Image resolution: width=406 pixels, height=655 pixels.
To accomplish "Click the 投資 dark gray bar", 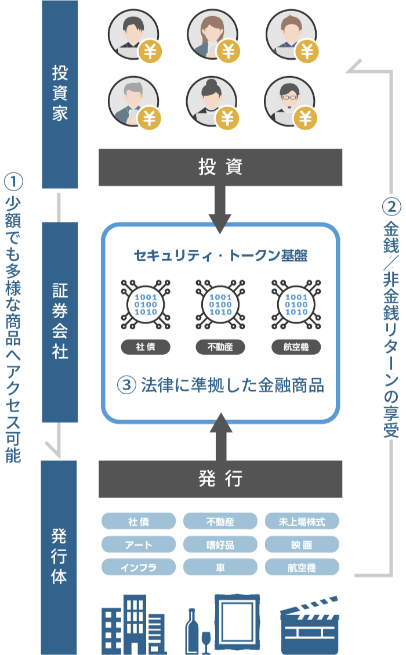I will point(220,167).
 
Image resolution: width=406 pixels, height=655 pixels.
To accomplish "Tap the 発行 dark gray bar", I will point(220,479).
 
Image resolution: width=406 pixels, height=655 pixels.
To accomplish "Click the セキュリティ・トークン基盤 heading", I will point(220,255).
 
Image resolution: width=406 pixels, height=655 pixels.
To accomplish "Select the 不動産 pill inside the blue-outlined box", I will point(220,347).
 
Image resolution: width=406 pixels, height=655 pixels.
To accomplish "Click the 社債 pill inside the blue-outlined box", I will point(146,347).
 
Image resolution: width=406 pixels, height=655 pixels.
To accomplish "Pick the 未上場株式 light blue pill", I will point(302,521).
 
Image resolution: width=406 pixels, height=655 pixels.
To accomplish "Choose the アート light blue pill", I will point(138,545).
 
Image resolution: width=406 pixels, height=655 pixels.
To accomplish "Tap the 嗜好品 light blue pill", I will point(220,545).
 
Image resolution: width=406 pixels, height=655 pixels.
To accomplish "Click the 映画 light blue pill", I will point(302,545).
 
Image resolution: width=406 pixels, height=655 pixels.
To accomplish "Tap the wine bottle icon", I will point(192,633).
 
